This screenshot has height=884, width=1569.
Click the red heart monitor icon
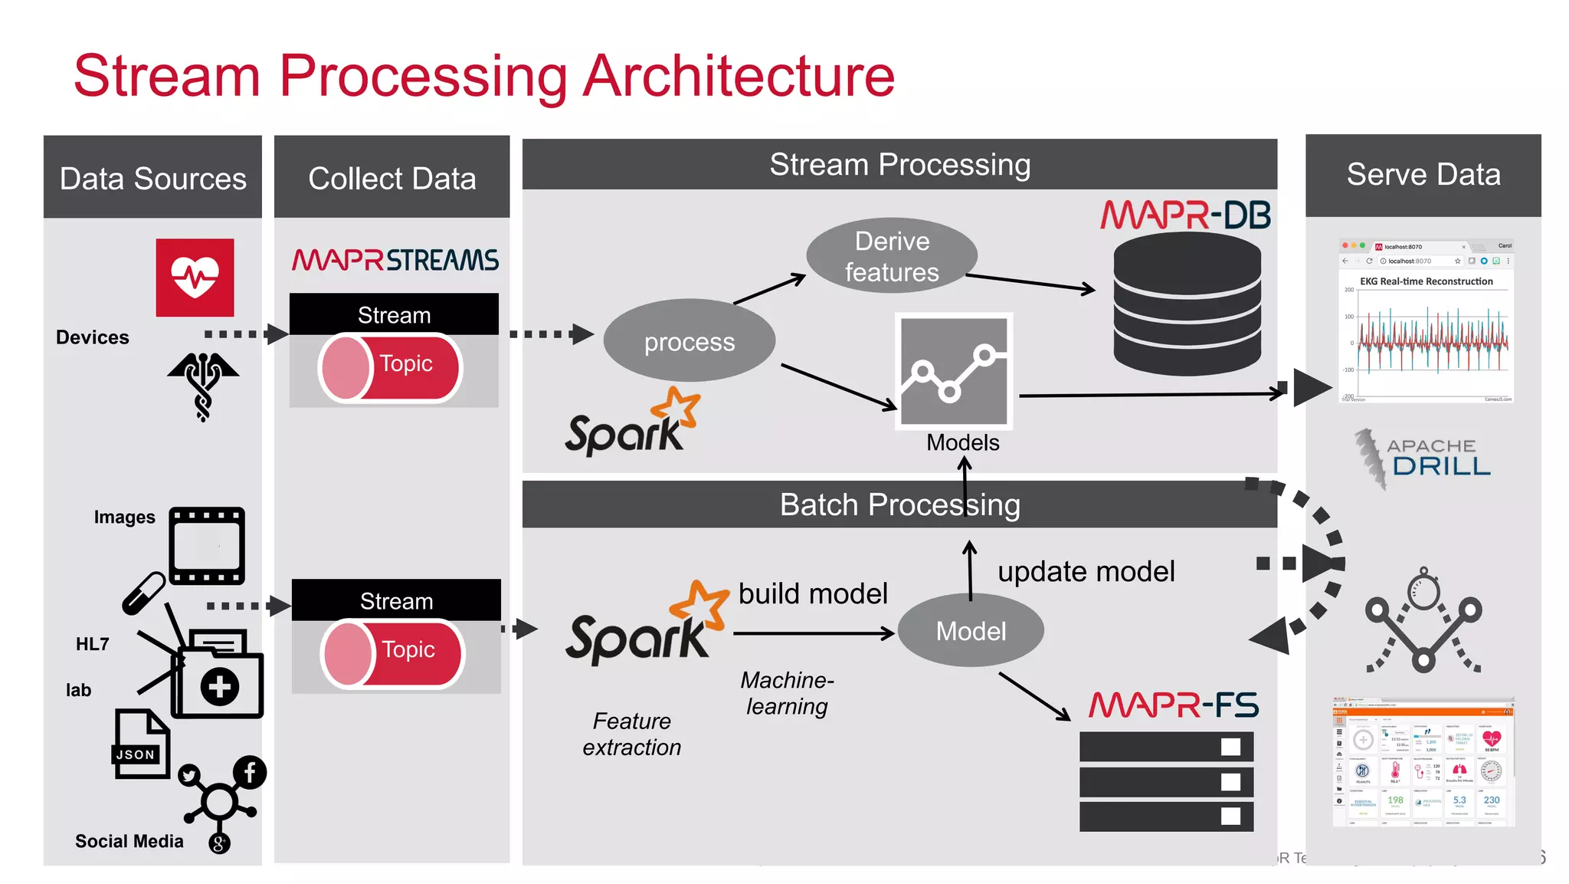[x=195, y=277]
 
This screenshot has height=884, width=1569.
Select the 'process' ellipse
[x=689, y=341]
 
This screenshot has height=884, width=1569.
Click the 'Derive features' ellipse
[x=891, y=256]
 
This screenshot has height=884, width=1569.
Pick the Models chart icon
[x=954, y=371]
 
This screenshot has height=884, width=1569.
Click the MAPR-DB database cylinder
[x=1187, y=305]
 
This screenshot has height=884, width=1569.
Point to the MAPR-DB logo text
[x=1185, y=215]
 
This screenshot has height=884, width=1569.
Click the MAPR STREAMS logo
[x=395, y=260]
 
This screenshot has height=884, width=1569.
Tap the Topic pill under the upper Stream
[x=391, y=367]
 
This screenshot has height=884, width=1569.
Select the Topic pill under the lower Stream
[x=393, y=653]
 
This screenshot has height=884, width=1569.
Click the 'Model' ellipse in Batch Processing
[x=970, y=630]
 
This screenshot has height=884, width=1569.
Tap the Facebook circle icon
[x=250, y=772]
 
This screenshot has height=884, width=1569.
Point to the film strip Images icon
[x=207, y=545]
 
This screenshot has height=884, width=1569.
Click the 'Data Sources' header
[x=152, y=178]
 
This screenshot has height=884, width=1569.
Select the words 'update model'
[x=1086, y=571]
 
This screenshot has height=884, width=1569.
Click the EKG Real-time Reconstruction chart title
[x=1426, y=281]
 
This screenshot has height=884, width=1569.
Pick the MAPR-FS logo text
[x=1174, y=705]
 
